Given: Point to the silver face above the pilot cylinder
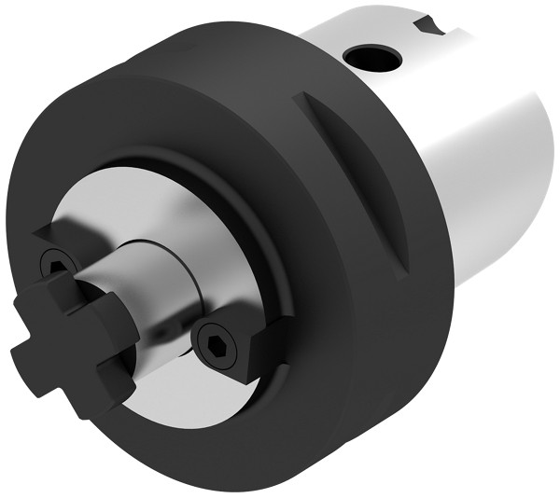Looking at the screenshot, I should [x=140, y=201].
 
